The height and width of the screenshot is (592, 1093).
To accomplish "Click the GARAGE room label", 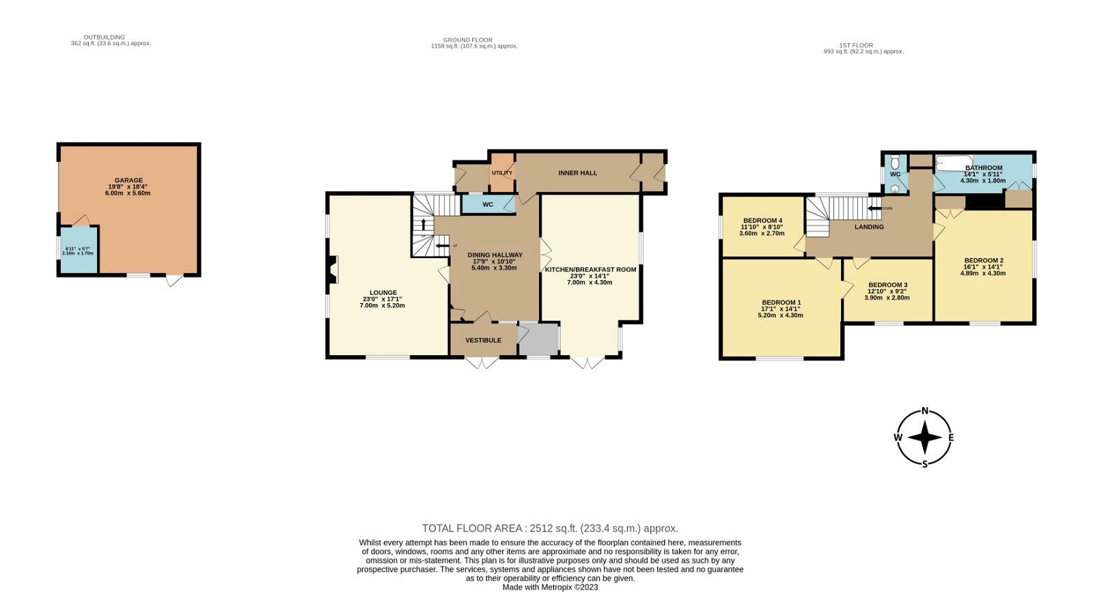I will click(x=128, y=180).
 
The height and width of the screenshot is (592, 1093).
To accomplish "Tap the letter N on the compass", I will click(x=925, y=411).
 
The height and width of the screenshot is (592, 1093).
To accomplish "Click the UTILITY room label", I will click(x=502, y=173).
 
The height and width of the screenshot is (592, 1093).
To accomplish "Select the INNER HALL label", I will click(x=577, y=173).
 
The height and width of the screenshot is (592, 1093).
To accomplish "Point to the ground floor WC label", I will click(x=488, y=204).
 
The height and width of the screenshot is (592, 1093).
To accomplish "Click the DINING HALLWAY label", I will click(x=495, y=255).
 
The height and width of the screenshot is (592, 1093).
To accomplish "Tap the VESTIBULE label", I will click(x=483, y=340).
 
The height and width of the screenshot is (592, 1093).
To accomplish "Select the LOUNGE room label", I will click(x=383, y=292).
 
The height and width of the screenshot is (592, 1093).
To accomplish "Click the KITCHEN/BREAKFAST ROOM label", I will click(x=590, y=269).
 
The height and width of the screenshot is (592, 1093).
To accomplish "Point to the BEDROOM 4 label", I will click(x=762, y=221).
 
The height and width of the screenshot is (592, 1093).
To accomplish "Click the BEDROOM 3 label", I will click(x=887, y=285).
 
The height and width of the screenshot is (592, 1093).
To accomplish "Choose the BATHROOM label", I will click(x=983, y=168).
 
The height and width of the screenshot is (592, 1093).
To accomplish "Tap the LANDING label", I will click(x=869, y=227).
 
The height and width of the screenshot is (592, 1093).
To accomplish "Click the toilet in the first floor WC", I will click(x=895, y=163).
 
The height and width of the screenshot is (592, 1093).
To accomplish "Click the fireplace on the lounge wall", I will click(x=333, y=269).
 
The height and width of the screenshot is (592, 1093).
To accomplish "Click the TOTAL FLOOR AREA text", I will click(x=550, y=528).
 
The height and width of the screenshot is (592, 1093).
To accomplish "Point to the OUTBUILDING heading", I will click(x=104, y=37).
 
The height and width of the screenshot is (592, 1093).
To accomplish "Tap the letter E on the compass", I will click(x=950, y=438).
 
